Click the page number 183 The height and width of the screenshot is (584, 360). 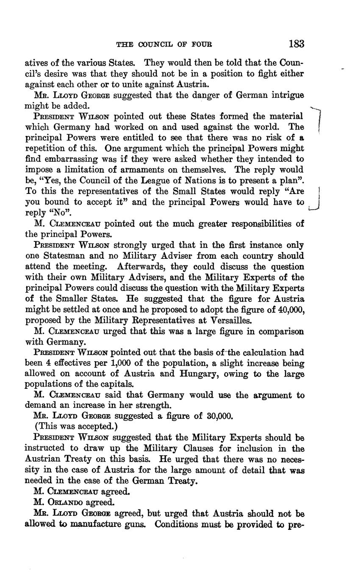296,44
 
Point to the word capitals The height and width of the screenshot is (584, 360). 116,385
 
